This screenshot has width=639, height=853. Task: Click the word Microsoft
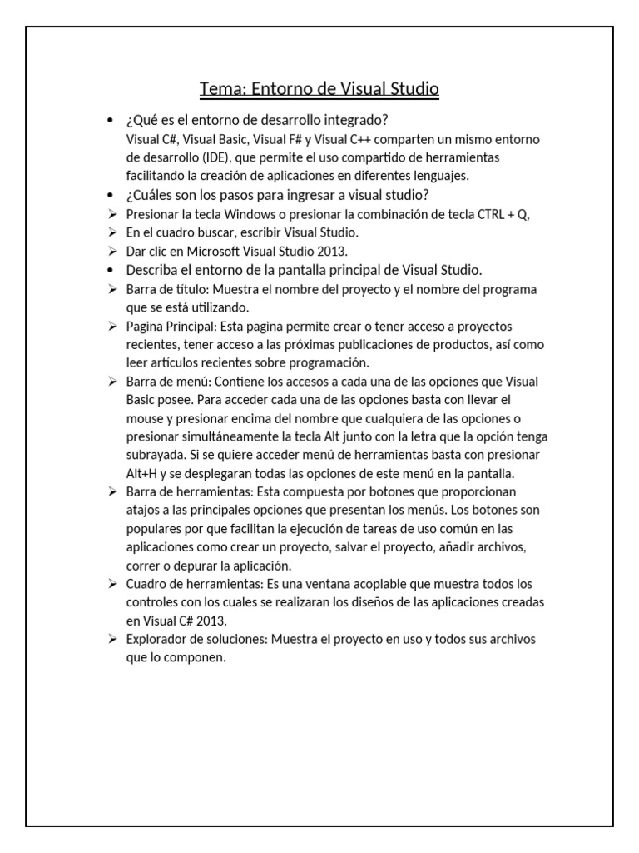click(x=212, y=251)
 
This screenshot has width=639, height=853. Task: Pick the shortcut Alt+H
click(x=143, y=472)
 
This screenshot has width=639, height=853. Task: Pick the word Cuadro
click(x=146, y=584)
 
